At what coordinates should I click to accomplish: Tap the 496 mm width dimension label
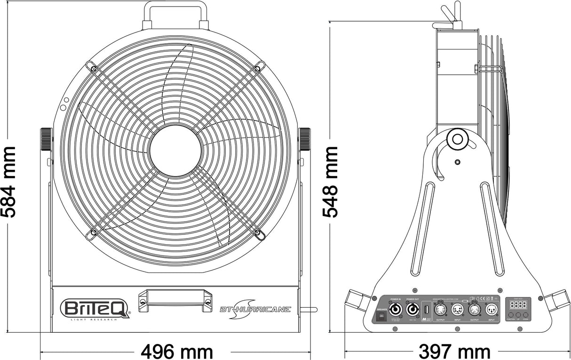pyautogui.click(x=177, y=351)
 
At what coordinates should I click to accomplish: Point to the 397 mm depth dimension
pyautogui.click(x=454, y=351)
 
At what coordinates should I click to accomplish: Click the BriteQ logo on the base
pyautogui.click(x=95, y=309)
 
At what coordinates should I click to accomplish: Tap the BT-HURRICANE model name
pyautogui.click(x=255, y=309)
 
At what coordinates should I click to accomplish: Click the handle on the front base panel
pyautogui.click(x=175, y=299)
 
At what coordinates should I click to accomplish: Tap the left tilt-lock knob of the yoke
pyautogui.click(x=46, y=139)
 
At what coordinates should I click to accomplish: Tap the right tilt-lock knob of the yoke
pyautogui.click(x=305, y=139)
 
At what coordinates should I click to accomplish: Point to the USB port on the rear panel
pyautogui.click(x=426, y=310)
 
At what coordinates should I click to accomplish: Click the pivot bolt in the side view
pyautogui.click(x=456, y=139)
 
